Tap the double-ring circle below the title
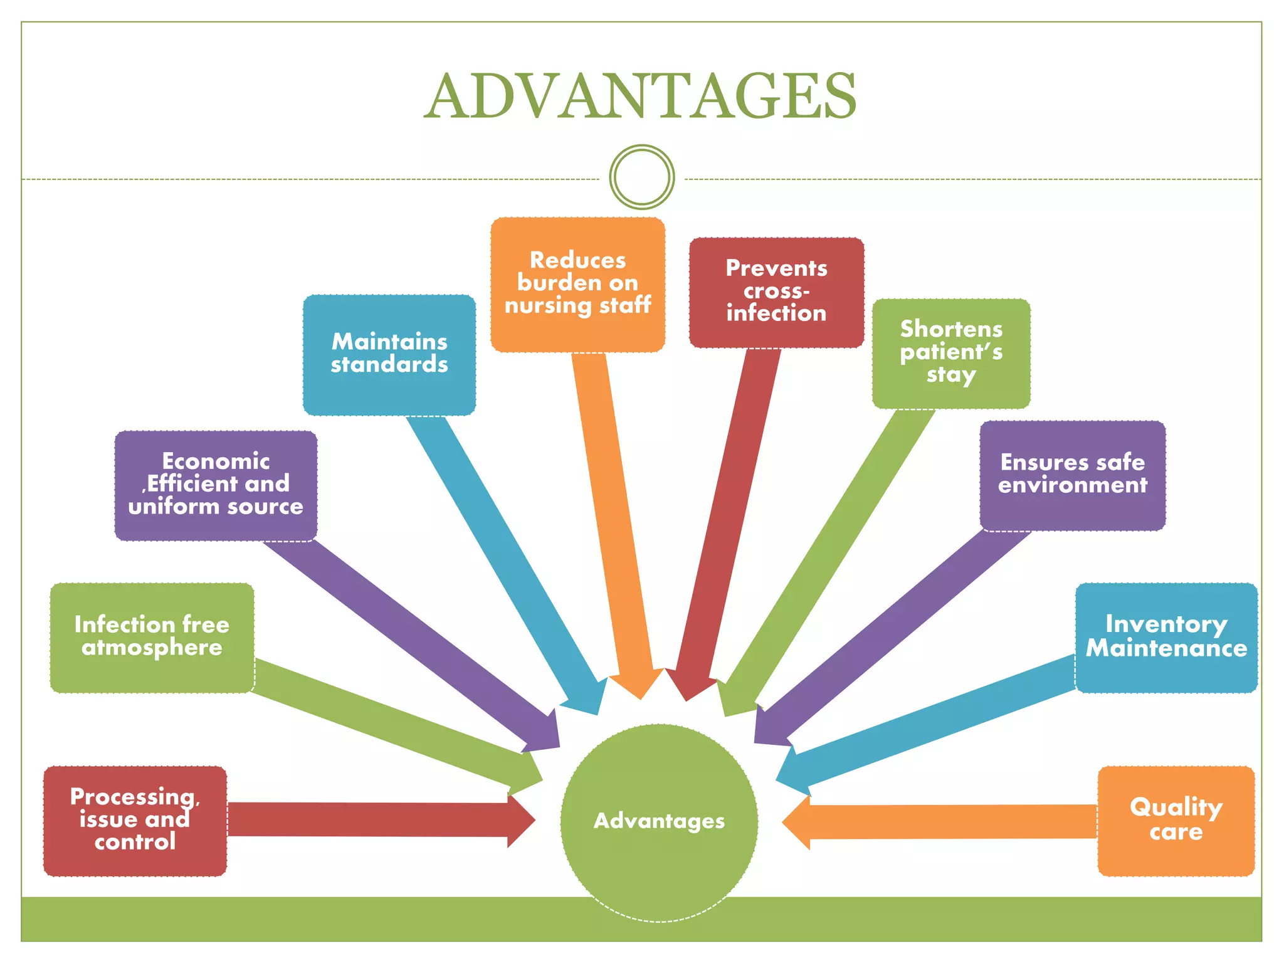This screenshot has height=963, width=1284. tap(641, 177)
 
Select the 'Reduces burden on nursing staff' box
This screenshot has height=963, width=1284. tap(577, 284)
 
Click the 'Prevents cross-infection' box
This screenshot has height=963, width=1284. tap(776, 292)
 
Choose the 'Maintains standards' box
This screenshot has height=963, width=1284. tap(389, 354)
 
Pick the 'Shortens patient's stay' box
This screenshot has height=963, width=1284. tap(951, 353)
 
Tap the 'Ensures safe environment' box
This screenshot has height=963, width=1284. tap(1073, 475)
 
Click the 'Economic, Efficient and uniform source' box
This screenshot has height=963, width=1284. tap(216, 485)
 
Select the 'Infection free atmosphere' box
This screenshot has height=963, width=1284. tap(152, 637)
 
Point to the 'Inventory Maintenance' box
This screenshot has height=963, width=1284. tap(1166, 637)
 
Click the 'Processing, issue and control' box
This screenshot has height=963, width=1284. tap(135, 820)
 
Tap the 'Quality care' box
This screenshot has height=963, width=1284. tap(1176, 820)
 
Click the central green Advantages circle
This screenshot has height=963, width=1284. tap(659, 822)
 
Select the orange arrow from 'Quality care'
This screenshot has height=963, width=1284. tap(940, 822)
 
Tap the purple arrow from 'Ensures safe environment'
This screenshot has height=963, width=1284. tap(890, 633)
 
